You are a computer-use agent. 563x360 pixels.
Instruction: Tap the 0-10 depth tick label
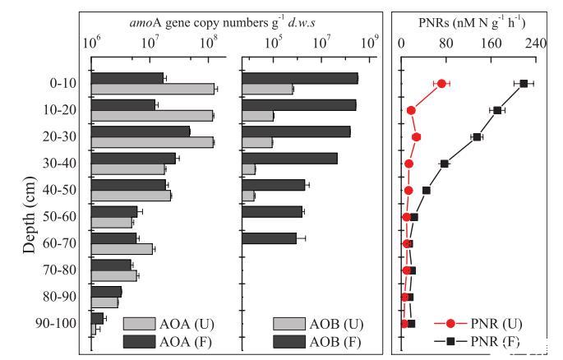click(x=63, y=83)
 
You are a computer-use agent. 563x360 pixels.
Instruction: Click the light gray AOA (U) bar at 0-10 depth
click(x=152, y=89)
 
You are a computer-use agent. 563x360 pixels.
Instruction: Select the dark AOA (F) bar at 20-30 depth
click(x=140, y=131)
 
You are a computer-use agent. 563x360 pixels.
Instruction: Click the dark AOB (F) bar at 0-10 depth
click(x=300, y=78)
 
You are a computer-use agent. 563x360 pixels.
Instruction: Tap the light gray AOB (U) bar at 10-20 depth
click(x=258, y=115)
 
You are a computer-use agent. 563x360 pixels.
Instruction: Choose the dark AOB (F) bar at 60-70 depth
click(x=270, y=238)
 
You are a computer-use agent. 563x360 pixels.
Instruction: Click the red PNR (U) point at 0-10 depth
click(x=441, y=84)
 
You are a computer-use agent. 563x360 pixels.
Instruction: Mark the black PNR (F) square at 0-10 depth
click(x=524, y=83)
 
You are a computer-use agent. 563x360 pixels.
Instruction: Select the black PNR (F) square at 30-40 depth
click(x=445, y=164)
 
